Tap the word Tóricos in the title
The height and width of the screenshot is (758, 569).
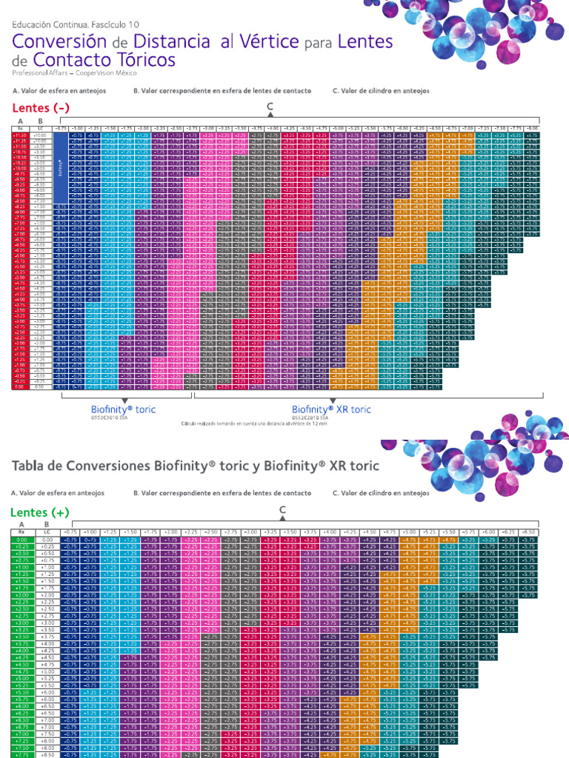pyautogui.click(x=141, y=60)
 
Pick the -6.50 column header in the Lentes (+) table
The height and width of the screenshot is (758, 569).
pyautogui.click(x=527, y=531)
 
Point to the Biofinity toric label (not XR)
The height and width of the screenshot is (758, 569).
pyautogui.click(x=123, y=409)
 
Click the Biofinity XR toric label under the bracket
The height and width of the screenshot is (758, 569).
pyautogui.click(x=331, y=409)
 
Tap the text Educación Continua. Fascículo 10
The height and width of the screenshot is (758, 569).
pyautogui.click(x=76, y=24)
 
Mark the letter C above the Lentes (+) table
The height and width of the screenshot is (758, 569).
pyautogui.click(x=282, y=510)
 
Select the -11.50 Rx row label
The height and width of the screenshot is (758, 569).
pyautogui.click(x=21, y=136)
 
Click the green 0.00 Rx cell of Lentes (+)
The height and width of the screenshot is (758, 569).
pyautogui.click(x=21, y=540)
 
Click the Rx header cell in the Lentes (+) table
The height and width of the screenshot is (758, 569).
pyautogui.click(x=21, y=531)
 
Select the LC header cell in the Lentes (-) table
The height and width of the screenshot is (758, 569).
pyautogui.click(x=41, y=128)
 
